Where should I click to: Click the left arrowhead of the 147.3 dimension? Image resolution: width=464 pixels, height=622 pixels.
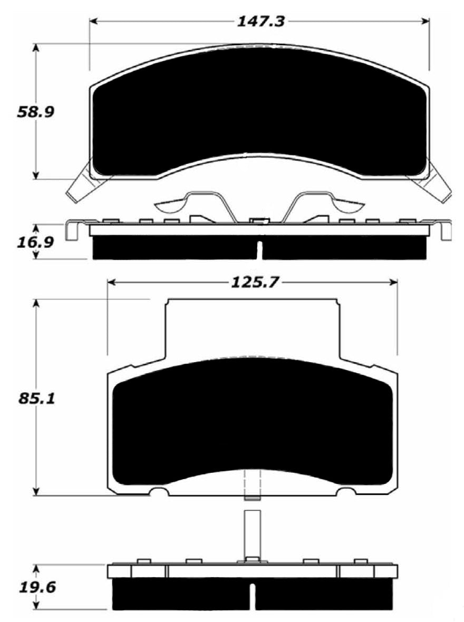94,22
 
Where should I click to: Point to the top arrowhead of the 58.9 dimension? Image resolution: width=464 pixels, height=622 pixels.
36,47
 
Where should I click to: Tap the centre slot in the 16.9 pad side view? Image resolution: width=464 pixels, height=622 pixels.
258,250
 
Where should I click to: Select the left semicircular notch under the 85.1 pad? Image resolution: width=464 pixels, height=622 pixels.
159,492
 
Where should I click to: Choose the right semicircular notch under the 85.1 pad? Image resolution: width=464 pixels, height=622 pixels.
346,492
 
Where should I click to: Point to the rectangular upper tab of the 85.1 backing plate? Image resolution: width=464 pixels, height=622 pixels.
252,327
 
